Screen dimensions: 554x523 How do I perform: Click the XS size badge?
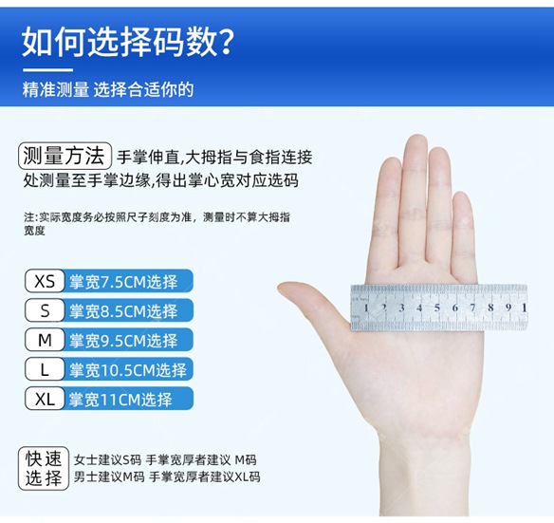point(45,281)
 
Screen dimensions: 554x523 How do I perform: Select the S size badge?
point(45,310)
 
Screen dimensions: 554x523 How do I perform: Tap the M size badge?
point(45,340)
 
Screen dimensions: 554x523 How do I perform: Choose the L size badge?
point(45,369)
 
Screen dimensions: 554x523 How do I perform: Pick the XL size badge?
point(45,399)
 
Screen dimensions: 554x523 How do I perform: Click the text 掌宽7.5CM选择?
point(123,282)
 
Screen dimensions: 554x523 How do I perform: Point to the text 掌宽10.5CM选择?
point(128,370)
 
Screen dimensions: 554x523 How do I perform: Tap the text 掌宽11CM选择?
point(120,400)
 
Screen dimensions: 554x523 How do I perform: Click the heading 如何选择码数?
point(127,43)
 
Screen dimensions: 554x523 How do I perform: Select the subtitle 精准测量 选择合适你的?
point(108,89)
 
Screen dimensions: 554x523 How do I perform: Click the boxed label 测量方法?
point(65,156)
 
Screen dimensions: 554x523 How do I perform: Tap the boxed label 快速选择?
point(44,468)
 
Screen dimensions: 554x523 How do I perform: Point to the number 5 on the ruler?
point(437,308)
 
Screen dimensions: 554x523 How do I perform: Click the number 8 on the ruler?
point(490,308)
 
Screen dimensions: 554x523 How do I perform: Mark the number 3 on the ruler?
point(401,308)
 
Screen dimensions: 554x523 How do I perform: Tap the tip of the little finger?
point(462,193)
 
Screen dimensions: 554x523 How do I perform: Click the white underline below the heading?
point(47,70)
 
